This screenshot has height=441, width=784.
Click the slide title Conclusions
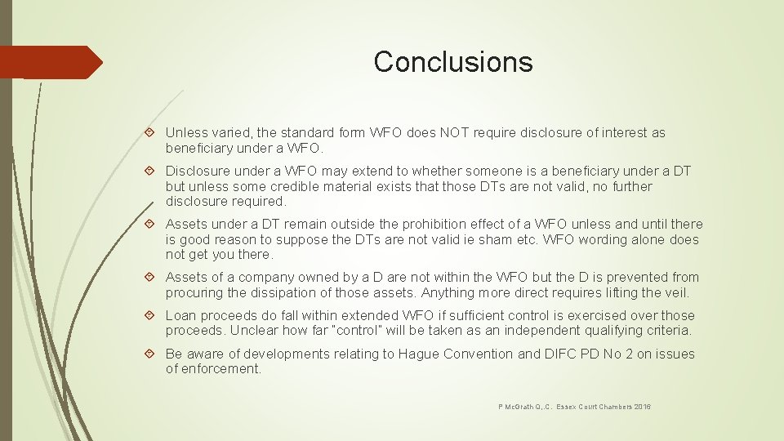click(452, 62)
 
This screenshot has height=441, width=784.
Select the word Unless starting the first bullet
click(185, 133)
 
